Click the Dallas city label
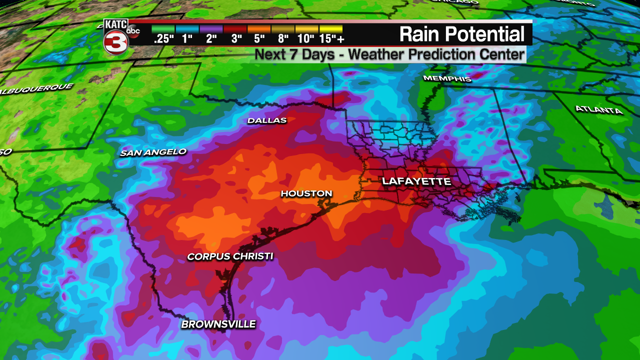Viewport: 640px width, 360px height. tap(267, 120)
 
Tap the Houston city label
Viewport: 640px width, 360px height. tap(306, 193)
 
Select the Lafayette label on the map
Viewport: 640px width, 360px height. tap(416, 181)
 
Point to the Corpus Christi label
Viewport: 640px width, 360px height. tap(230, 256)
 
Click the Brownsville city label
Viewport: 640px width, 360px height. tap(218, 324)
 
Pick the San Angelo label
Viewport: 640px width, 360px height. tap(153, 152)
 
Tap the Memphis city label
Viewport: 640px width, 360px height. tap(447, 78)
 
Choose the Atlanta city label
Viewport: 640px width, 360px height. tap(598, 109)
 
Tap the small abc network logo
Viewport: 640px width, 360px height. tap(133, 31)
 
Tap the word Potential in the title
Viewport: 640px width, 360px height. tap(484, 34)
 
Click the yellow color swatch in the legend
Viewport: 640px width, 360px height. tap(331, 29)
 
